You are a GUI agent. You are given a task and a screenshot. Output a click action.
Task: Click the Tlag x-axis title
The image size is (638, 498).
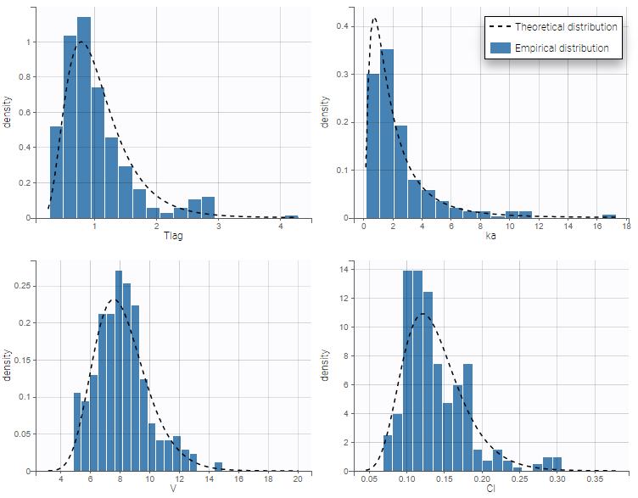coord(175,235)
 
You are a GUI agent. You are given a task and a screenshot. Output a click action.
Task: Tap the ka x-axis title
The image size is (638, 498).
coord(491,235)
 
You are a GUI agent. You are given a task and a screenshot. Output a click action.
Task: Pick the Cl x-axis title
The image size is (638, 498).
coord(491,489)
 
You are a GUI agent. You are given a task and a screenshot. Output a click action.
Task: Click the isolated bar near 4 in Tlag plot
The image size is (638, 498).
coord(290,217)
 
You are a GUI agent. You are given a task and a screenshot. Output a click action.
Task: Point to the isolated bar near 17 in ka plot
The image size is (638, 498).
coord(609,215)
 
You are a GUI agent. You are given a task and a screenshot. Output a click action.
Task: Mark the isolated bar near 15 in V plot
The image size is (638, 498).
coord(218,467)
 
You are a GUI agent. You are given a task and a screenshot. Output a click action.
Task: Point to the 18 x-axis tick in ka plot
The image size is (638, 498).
coord(626,227)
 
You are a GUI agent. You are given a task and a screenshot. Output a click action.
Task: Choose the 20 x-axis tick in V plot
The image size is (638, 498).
coord(297,480)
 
